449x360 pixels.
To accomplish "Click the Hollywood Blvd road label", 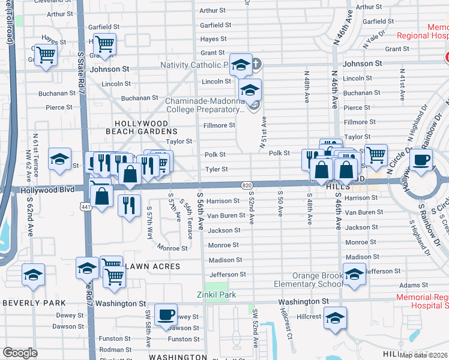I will (47, 190).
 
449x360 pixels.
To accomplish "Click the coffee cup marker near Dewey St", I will (166, 314).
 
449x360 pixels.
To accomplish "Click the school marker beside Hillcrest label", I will (335, 318).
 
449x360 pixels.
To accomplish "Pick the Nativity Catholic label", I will (194, 65).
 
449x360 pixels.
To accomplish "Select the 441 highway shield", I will (86, 206).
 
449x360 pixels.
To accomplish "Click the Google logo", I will (20, 353).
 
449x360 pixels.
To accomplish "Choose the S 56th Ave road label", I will (200, 210).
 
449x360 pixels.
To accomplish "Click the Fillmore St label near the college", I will (218, 125).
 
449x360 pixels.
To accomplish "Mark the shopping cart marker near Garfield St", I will (105, 43).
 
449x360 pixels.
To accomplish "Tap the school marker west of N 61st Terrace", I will (59, 159).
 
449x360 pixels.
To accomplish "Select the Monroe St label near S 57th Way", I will (172, 248).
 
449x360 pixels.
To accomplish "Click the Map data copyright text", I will (424, 355).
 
